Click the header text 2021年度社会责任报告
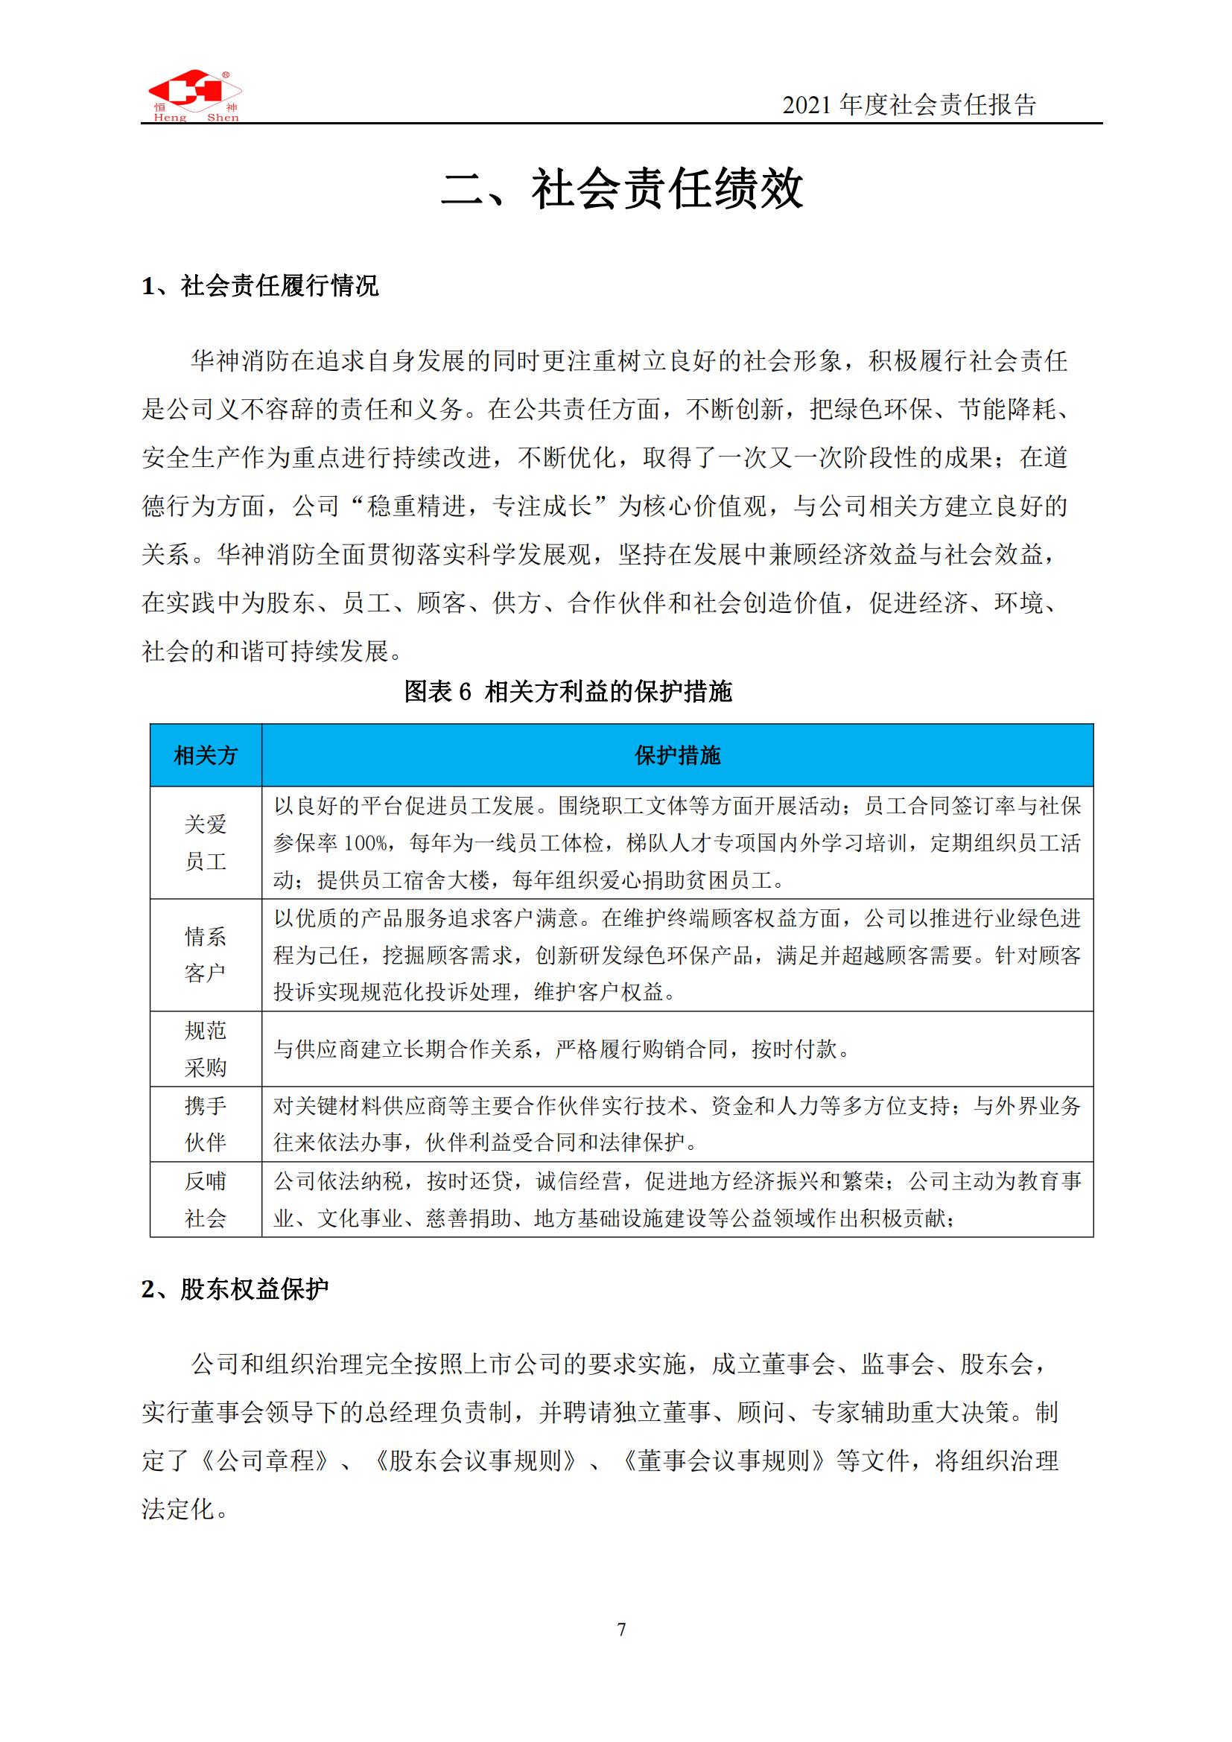(909, 105)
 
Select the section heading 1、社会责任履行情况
(260, 286)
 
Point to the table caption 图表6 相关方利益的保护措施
(568, 691)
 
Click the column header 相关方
(206, 755)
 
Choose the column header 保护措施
(676, 755)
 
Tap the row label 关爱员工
(206, 842)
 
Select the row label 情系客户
(206, 955)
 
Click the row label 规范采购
(206, 1049)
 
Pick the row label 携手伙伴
(206, 1124)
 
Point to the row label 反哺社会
(206, 1199)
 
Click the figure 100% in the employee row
(366, 843)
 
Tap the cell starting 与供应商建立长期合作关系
(562, 1049)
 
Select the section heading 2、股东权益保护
(235, 1289)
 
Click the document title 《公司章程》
(264, 1460)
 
